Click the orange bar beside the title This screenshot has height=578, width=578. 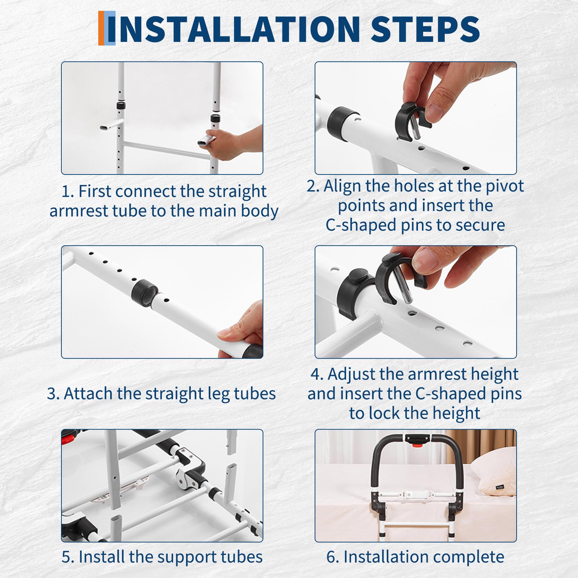(x=101, y=28)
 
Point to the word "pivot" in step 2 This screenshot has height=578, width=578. (x=504, y=186)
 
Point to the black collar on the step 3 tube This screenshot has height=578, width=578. (x=144, y=293)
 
